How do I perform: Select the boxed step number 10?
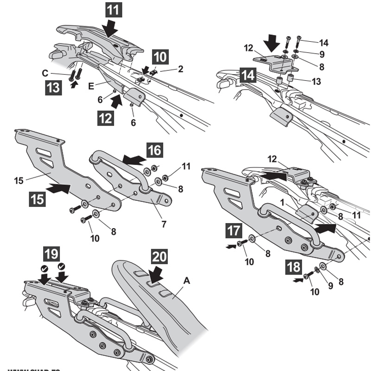coord(160,58)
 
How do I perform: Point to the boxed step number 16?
coord(155,150)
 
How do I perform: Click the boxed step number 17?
coord(234,230)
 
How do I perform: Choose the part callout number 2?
coord(180,69)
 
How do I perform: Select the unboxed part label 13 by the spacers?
coord(316,82)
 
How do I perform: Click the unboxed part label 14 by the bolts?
coord(324,43)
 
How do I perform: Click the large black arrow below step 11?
coord(110,28)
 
